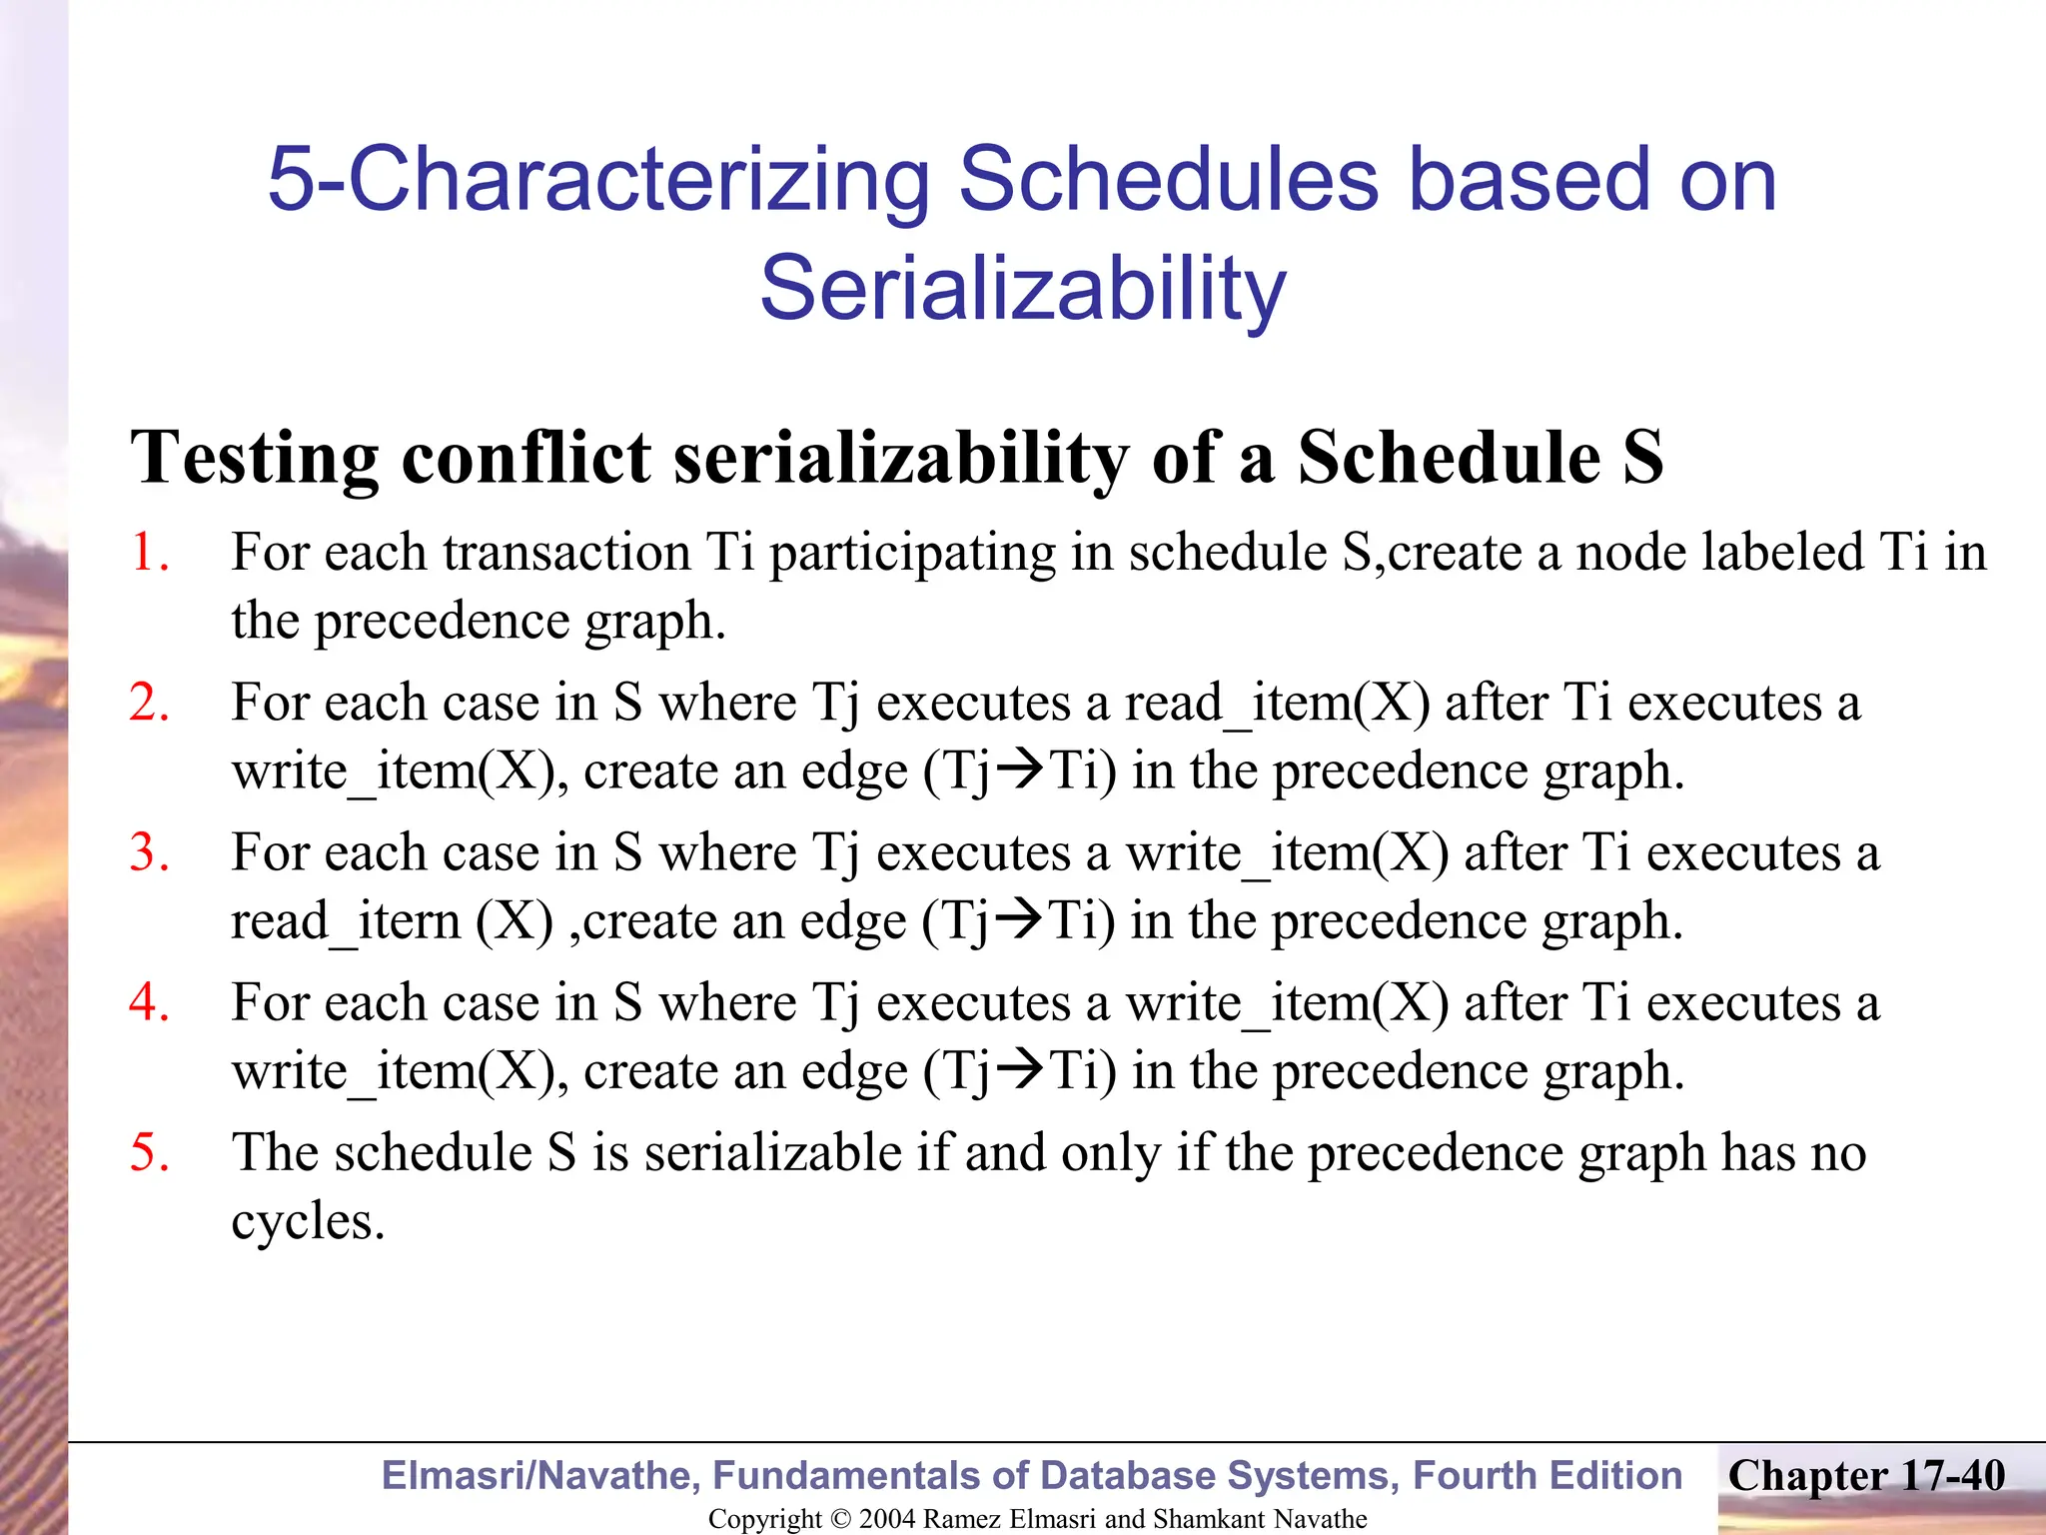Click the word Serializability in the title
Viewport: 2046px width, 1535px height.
tap(1022, 290)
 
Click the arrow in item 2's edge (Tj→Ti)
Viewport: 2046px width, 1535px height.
tap(1020, 769)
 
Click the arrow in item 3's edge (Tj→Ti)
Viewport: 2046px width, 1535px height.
tap(1020, 919)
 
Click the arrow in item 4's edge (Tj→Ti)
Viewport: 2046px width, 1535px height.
tap(1020, 1069)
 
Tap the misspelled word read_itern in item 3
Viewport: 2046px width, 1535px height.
tap(346, 921)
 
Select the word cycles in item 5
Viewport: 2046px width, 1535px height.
tap(307, 1221)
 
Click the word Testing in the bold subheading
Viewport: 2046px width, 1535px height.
tap(255, 458)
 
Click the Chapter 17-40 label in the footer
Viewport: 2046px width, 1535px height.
tap(1866, 1476)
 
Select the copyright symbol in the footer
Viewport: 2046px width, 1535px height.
tap(841, 1519)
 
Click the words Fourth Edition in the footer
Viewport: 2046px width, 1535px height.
tap(1547, 1476)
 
